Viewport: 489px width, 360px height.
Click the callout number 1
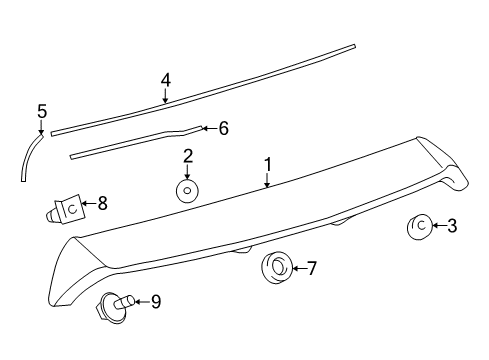(x=267, y=163)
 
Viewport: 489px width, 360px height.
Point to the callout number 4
(x=165, y=80)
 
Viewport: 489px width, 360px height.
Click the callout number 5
(x=41, y=110)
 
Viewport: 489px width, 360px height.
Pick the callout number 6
(x=223, y=128)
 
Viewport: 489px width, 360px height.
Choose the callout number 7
(x=311, y=267)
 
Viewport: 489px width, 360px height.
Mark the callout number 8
(x=101, y=204)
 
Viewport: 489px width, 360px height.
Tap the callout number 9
(x=155, y=301)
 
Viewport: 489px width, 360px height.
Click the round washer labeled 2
(x=187, y=191)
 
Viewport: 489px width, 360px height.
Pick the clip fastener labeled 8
(x=66, y=210)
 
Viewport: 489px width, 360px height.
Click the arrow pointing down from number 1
(x=267, y=180)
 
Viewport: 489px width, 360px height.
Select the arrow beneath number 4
(x=165, y=97)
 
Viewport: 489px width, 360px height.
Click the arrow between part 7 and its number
(x=297, y=267)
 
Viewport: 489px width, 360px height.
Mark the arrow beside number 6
(x=208, y=128)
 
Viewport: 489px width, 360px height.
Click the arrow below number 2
(x=187, y=171)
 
